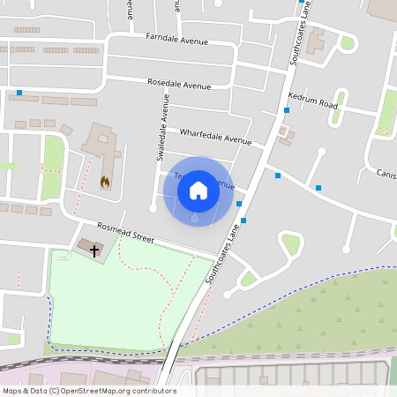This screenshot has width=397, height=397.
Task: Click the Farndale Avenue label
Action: coord(176,41)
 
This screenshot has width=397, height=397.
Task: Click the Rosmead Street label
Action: coord(125,233)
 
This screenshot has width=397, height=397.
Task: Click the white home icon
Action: coord(198,190)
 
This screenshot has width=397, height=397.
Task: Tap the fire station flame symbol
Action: coord(105,183)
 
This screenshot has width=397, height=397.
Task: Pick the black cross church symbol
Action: coord(94,250)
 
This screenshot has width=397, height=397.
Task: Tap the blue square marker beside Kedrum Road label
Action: coord(286,110)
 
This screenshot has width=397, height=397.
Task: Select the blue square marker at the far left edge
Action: coord(19,93)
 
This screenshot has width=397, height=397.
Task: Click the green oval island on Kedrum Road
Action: coord(348,43)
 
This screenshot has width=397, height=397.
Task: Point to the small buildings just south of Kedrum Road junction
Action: coord(284,135)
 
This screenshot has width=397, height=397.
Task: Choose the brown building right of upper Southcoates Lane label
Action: coord(315,41)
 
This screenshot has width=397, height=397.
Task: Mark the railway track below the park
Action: coord(88,362)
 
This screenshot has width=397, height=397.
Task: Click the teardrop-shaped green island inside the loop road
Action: coord(290,243)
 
